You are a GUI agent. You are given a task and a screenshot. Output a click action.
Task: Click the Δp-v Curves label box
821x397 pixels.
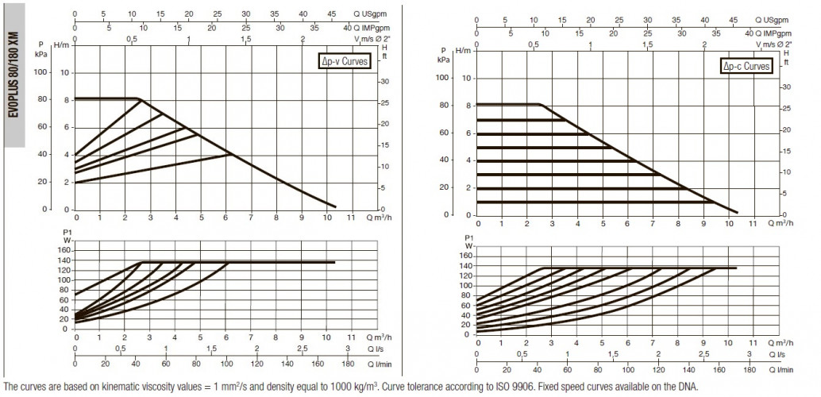[344, 62]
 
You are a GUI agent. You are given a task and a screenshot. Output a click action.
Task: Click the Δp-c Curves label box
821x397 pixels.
[746, 66]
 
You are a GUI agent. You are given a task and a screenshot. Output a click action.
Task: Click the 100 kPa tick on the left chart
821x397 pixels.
[40, 71]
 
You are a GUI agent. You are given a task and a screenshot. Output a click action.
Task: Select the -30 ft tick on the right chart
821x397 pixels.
[785, 87]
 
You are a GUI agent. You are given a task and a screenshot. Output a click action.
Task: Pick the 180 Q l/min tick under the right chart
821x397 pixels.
[750, 370]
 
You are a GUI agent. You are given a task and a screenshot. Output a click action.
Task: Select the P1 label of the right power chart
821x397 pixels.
[468, 237]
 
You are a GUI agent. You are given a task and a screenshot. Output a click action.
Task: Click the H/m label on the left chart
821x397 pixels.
[62, 45]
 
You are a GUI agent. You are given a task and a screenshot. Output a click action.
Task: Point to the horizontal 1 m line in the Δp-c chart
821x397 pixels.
[595, 202]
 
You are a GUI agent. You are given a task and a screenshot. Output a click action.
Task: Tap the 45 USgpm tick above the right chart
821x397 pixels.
[733, 21]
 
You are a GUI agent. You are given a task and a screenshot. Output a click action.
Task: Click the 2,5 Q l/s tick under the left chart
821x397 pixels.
[302, 349]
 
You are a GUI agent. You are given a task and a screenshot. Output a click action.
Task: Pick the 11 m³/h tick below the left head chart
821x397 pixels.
[351, 218]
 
